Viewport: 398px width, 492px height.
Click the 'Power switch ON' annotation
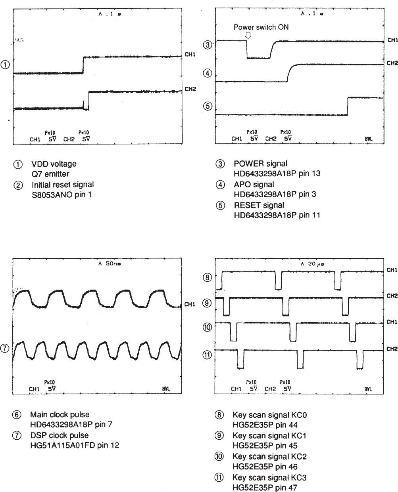[261, 27]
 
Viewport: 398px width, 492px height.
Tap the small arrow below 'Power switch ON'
[248, 35]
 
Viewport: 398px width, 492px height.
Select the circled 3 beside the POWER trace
[208, 44]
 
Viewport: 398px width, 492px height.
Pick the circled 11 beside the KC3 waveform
[208, 355]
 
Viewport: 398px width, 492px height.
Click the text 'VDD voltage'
[54, 164]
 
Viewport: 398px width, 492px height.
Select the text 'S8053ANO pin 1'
[62, 195]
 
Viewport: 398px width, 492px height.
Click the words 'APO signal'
[254, 184]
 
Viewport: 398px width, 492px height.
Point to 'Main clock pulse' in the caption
[60, 415]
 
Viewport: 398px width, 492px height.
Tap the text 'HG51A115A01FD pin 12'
[75, 445]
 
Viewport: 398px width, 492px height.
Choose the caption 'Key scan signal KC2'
[269, 456]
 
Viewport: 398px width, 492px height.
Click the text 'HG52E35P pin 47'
[265, 488]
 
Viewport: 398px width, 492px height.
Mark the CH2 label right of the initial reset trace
[190, 90]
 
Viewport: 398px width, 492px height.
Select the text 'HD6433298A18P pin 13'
[277, 174]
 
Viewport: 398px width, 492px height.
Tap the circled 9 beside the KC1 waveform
[208, 303]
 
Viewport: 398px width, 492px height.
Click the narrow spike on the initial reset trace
[83, 104]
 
